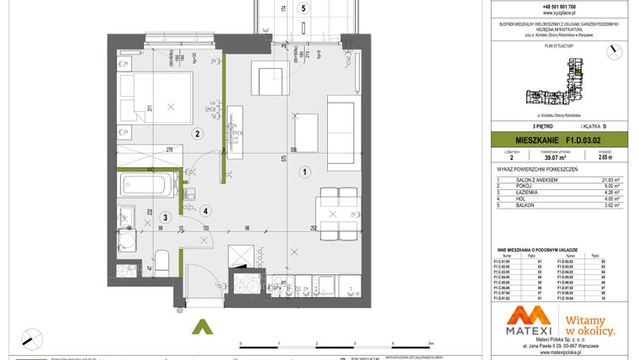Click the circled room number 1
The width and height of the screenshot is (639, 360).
pyautogui.click(x=303, y=172)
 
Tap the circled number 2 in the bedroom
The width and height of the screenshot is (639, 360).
pyautogui.click(x=198, y=134)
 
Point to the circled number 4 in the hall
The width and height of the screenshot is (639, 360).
pyautogui.click(x=205, y=210)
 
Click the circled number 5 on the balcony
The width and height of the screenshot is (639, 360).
pyautogui.click(x=304, y=7)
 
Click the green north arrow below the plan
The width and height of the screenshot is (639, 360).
pyautogui.click(x=202, y=329)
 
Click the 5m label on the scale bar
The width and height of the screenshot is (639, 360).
pyautogui.click(x=430, y=344)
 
